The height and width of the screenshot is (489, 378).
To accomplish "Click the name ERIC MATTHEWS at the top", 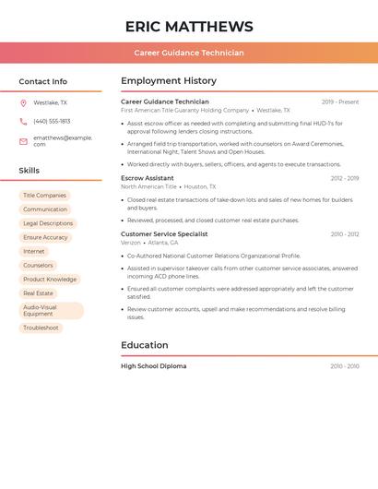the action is (x=189, y=26).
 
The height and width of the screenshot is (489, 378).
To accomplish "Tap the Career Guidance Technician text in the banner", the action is (x=189, y=53).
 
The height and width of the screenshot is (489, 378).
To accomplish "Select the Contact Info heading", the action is (x=43, y=81).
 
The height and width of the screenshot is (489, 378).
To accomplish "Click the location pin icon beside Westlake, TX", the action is (x=23, y=103).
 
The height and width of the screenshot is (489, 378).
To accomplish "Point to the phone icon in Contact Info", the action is (x=23, y=122).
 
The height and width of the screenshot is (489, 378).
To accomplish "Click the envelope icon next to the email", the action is (x=23, y=141).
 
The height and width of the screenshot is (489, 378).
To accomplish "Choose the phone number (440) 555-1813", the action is (x=52, y=122).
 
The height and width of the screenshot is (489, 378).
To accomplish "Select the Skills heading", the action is (x=30, y=171).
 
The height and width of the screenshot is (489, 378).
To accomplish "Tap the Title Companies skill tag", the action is (x=44, y=196).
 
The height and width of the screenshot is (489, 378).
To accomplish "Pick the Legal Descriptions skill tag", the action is (x=48, y=223).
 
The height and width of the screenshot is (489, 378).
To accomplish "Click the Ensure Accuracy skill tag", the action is (x=45, y=237).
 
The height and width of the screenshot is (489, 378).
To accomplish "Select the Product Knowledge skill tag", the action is (x=50, y=280).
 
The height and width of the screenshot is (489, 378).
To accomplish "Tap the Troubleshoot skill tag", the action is (x=41, y=328).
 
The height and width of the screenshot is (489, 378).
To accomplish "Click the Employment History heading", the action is (x=169, y=81).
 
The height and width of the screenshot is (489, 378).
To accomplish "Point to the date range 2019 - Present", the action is (x=340, y=102).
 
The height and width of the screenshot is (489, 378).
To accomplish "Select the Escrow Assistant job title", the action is (x=148, y=178).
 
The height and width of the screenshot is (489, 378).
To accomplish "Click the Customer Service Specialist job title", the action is (x=164, y=234).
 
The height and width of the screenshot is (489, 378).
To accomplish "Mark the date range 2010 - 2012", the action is (x=345, y=234).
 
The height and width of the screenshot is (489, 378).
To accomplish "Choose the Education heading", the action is (x=145, y=346).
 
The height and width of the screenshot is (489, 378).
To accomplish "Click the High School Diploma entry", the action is (x=153, y=366).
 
